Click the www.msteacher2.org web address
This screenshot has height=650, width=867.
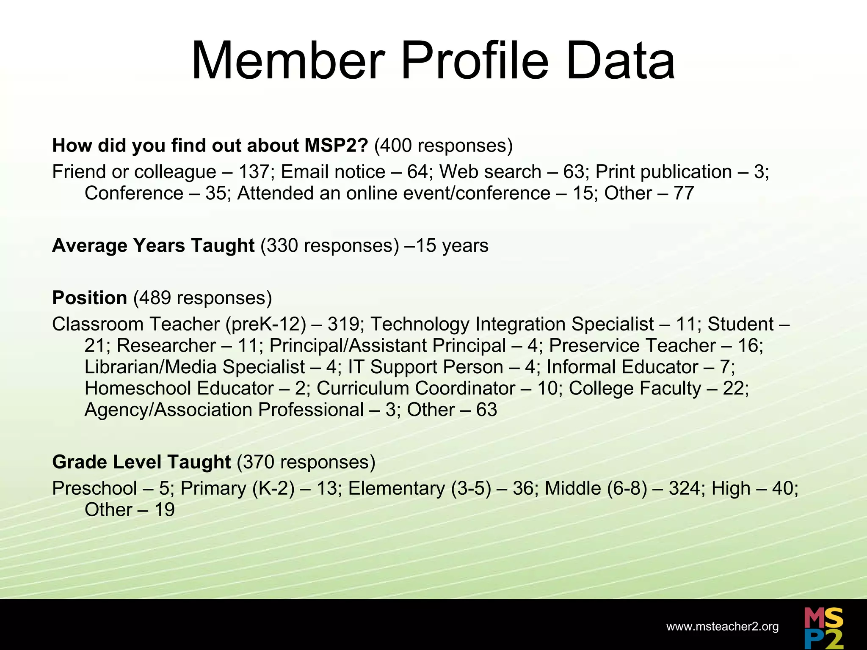coord(722,627)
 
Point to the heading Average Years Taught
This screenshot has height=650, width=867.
coord(153,245)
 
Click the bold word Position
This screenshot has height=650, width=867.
coord(90,298)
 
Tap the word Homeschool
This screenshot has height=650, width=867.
coord(136,388)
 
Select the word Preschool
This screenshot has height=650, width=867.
coord(94,488)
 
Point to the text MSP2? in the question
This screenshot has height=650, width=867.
coord(337,146)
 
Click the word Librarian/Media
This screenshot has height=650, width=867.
coord(152,367)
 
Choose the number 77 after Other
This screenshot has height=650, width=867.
coord(683,193)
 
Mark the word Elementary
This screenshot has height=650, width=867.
coord(397,488)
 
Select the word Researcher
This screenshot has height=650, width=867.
coord(166,346)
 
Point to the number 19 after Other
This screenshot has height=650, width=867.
coord(164,510)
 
